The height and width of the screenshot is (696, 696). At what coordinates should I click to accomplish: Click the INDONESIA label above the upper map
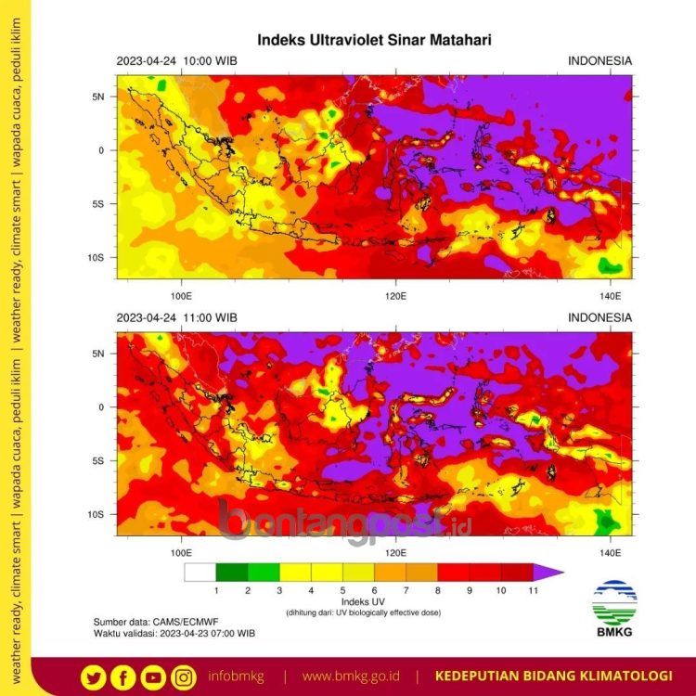(599, 61)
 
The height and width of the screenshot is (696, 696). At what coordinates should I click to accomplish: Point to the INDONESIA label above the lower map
(599, 317)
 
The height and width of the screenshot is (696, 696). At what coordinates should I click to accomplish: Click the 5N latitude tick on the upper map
(99, 97)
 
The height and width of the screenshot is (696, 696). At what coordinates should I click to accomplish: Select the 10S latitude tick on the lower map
(97, 514)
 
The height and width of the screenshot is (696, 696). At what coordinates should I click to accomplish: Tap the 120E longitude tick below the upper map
(396, 296)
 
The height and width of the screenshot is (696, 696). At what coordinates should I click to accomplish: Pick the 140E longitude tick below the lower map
(610, 552)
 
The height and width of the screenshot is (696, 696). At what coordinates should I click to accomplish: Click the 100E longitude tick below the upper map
(181, 296)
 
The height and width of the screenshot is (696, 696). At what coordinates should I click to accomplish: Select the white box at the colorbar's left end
(200, 573)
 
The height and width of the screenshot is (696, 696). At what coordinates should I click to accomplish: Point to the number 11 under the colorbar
(533, 590)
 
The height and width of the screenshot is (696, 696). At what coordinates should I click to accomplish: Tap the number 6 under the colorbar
(374, 590)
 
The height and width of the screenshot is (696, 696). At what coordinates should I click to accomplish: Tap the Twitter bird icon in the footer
(92, 677)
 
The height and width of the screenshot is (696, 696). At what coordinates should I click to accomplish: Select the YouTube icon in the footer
(153, 677)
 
